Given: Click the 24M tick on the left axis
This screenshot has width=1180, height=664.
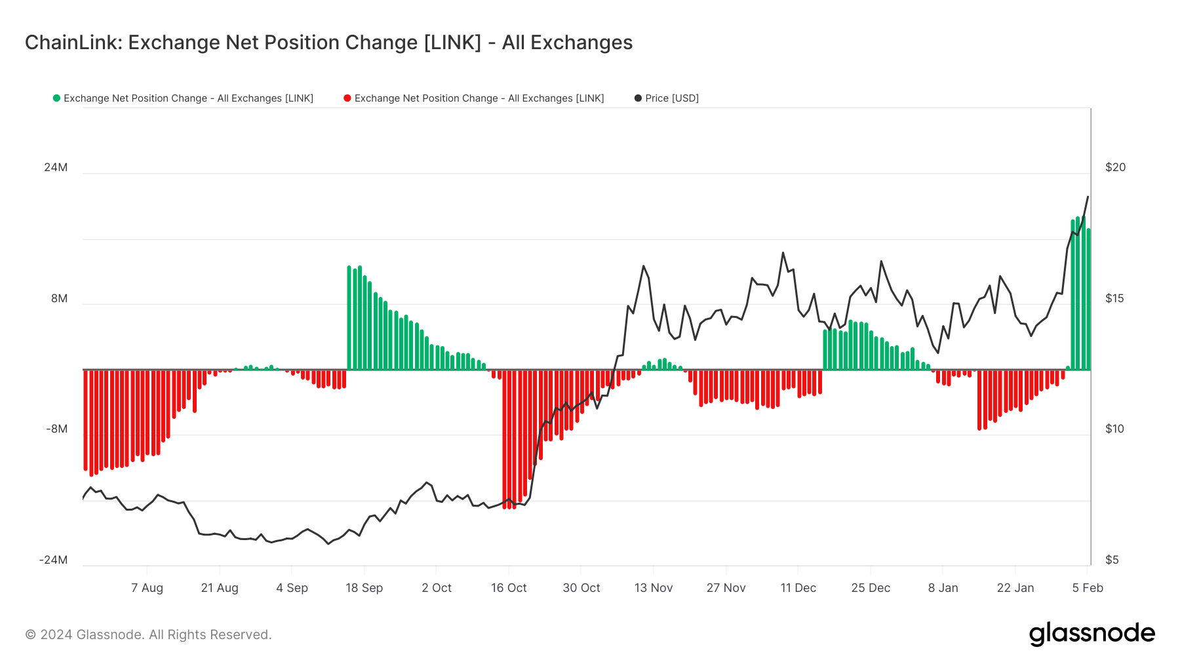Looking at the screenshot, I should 56,167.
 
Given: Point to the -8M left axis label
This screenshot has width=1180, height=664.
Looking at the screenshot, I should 56,429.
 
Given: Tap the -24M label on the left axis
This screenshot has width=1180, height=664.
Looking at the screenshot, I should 53,560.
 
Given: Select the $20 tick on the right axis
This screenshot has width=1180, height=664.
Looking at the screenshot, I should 1115,167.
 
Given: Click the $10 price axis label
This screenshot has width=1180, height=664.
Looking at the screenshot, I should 1114,429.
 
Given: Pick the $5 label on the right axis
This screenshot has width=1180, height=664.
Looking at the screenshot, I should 1112,560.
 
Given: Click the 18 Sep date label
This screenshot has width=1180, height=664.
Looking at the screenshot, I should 364,588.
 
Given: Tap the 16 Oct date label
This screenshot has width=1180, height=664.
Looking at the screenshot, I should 509,588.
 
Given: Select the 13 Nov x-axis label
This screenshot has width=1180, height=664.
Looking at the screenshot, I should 653,588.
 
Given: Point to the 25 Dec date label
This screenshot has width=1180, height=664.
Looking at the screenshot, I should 871,588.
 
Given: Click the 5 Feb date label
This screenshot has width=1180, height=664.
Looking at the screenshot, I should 1088,588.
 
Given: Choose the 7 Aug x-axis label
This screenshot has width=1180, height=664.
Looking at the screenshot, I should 147,588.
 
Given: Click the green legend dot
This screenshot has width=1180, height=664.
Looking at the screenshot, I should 56,98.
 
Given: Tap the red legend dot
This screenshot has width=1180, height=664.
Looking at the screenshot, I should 347,98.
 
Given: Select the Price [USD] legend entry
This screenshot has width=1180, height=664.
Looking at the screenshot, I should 671,98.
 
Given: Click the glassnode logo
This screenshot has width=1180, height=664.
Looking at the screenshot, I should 1091,634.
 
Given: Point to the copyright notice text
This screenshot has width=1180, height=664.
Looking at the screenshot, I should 148,635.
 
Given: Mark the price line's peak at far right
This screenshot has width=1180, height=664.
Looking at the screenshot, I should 1088,197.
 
